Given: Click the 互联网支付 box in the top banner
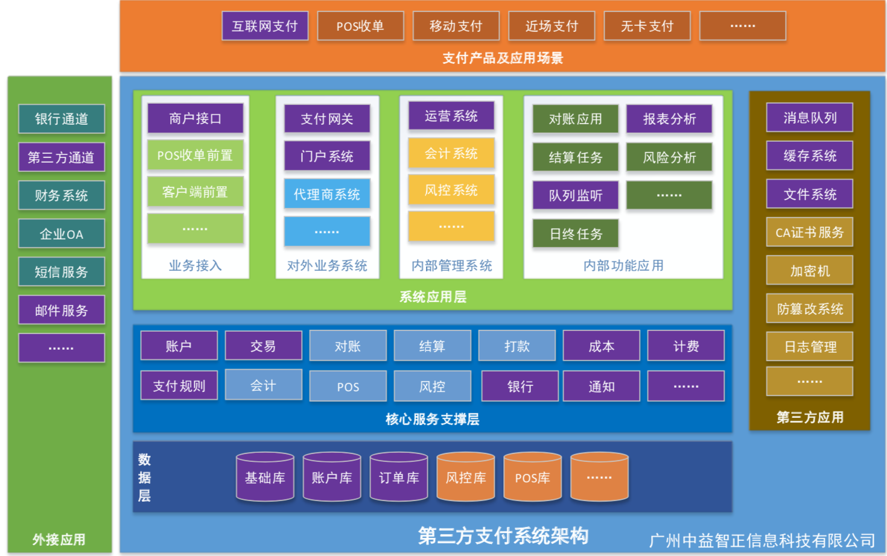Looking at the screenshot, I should click(x=265, y=26).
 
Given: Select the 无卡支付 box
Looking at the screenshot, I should click(x=647, y=26).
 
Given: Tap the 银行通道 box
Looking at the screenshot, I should click(x=62, y=119).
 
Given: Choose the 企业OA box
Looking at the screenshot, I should click(x=62, y=233).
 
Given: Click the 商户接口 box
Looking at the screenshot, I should click(x=195, y=118).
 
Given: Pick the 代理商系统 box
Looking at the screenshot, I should click(x=327, y=194).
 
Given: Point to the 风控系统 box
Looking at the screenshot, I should click(x=451, y=190).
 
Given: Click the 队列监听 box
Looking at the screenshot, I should click(x=576, y=195).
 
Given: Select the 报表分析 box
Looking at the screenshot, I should click(x=669, y=119).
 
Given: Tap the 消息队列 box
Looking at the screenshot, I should click(x=810, y=118).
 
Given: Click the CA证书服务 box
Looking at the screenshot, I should click(x=810, y=232).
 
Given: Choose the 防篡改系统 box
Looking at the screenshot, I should click(x=810, y=309).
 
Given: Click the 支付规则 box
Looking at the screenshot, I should click(x=179, y=386).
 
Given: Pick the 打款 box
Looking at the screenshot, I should click(x=517, y=346).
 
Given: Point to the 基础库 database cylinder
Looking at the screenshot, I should click(x=265, y=478).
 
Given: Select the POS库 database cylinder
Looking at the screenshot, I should click(x=532, y=478).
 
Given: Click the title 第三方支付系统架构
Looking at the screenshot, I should click(x=503, y=535).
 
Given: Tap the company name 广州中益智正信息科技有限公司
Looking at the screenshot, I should click(x=762, y=540).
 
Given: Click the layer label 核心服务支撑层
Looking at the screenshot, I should click(x=432, y=419).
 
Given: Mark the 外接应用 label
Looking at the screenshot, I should click(x=59, y=539).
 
